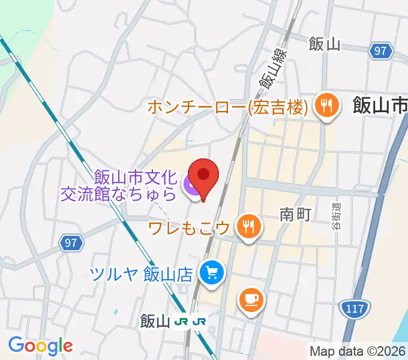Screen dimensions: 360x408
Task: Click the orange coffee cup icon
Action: [x=250, y=299]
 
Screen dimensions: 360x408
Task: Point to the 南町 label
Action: [x=295, y=214]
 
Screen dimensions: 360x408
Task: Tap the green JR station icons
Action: [x=191, y=322]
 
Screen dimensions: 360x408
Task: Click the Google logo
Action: [x=40, y=346]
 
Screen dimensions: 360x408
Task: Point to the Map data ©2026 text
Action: [x=358, y=351]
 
